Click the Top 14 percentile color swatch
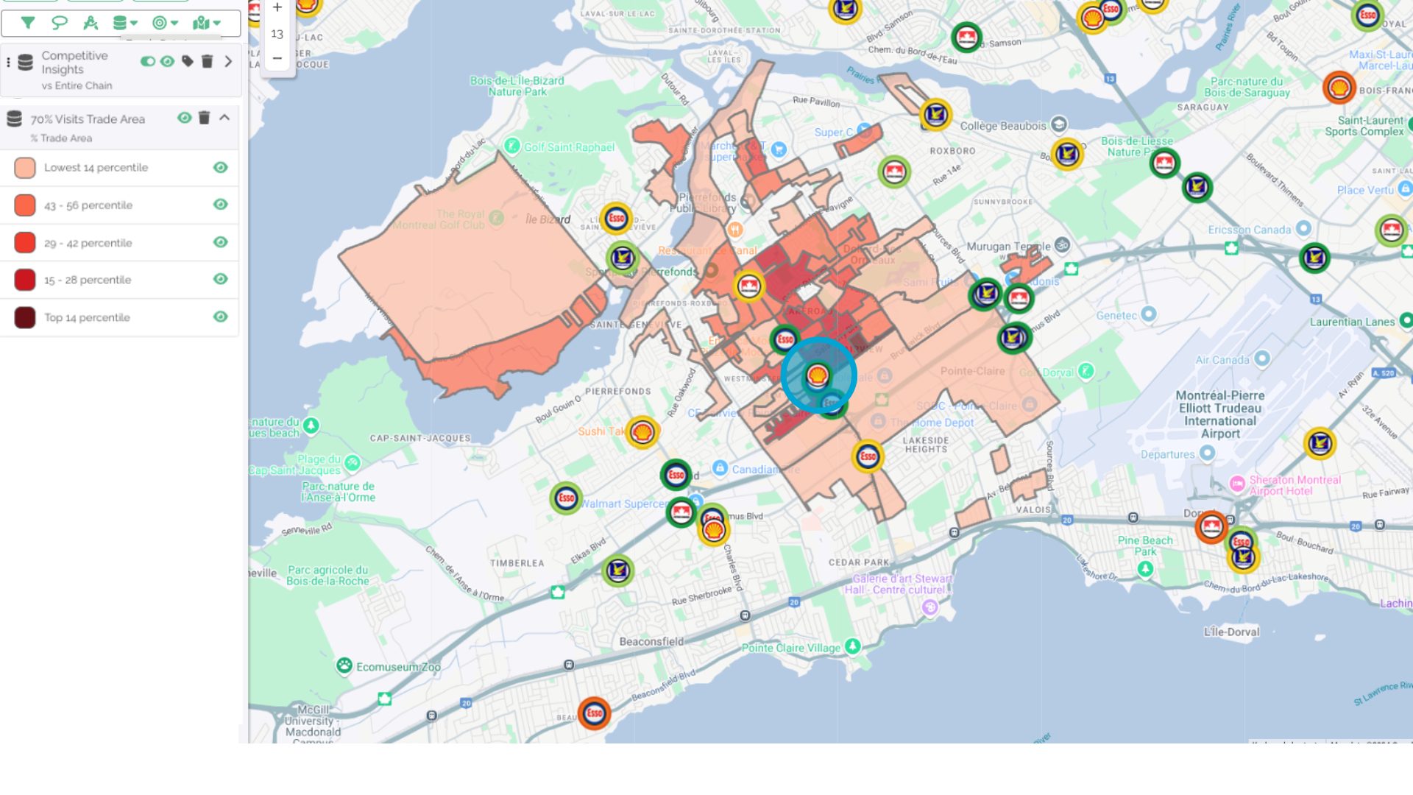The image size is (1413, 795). (25, 318)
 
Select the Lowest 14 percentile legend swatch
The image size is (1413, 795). (25, 168)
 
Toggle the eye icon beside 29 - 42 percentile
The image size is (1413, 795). (220, 242)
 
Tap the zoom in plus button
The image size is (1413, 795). (277, 8)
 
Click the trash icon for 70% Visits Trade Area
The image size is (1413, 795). (204, 118)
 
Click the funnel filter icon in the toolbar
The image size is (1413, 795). (28, 23)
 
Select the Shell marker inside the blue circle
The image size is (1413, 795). (817, 376)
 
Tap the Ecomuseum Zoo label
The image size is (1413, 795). (397, 667)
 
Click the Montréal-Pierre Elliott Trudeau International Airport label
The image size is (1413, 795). (1219, 414)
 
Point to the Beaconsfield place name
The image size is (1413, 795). (651, 642)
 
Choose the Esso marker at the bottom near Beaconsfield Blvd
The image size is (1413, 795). (594, 713)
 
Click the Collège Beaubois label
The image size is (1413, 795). (1002, 126)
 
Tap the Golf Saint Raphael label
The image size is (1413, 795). (568, 147)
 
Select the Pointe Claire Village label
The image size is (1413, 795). (790, 648)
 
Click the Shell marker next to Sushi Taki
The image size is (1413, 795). (642, 432)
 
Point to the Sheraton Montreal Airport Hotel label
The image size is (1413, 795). (1294, 485)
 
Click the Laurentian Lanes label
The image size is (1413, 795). (1352, 322)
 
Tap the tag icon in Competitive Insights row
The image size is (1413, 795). (188, 61)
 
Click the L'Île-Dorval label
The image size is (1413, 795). (1230, 632)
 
